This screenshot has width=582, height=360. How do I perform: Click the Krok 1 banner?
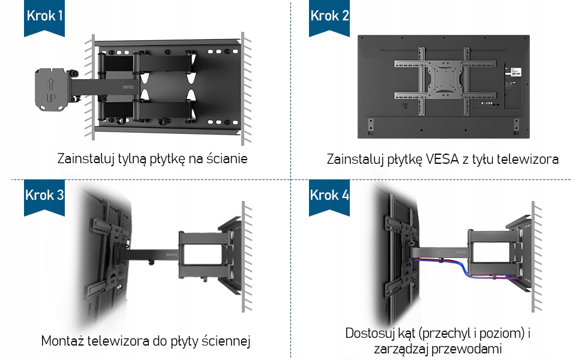[x=44, y=18]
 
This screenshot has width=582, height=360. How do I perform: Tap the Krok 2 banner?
[x=329, y=18]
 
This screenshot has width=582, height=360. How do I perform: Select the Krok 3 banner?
[x=44, y=197]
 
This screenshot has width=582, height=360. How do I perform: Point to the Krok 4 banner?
[x=329, y=197]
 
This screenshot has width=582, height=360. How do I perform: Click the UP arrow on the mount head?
[x=51, y=84]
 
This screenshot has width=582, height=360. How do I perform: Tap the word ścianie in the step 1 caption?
[x=227, y=158]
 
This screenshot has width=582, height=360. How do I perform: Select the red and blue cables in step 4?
[x=466, y=269]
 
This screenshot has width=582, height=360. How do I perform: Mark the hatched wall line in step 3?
[x=247, y=256]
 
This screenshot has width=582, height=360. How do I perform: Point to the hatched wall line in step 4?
[x=536, y=256]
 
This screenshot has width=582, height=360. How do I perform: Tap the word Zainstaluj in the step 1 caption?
[x=86, y=158]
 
